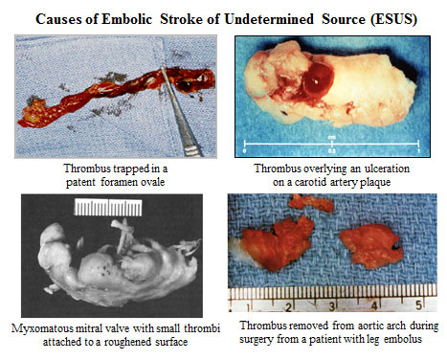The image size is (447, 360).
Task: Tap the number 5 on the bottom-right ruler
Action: (417, 306)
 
